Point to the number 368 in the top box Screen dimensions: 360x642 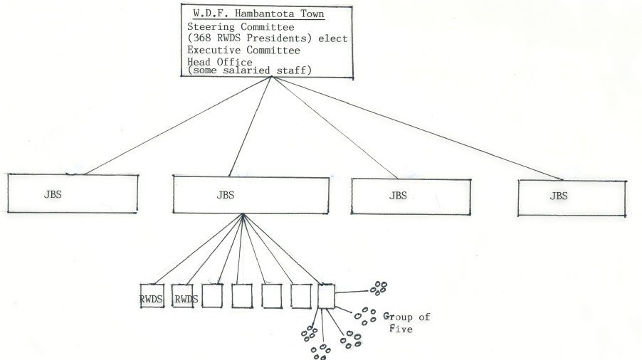pyautogui.click(x=203, y=38)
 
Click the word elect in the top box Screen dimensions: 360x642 pyautogui.click(x=334, y=38)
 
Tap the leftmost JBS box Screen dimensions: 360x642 pyautogui.click(x=72, y=193)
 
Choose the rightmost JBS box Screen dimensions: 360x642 pyautogui.click(x=572, y=197)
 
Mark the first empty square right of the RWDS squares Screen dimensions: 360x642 pyautogui.click(x=212, y=296)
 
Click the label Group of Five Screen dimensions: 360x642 pyautogui.click(x=406, y=322)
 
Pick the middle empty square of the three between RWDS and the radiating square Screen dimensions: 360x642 pyautogui.click(x=272, y=296)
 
